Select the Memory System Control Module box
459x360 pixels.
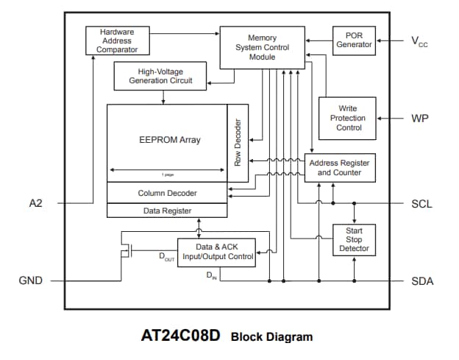pyautogui.click(x=263, y=48)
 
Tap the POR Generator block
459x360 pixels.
pyautogui.click(x=355, y=40)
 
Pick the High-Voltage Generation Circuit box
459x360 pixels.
pyautogui.click(x=160, y=76)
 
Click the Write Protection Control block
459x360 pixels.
pyautogui.click(x=347, y=118)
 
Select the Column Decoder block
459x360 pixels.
pyautogui.click(x=167, y=193)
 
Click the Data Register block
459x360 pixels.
pyautogui.click(x=167, y=210)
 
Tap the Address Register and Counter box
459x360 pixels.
pyautogui.click(x=340, y=168)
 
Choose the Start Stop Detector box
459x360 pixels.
pyautogui.click(x=354, y=239)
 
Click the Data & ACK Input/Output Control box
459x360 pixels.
pyautogui.click(x=216, y=252)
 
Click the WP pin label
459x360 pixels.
pyautogui.click(x=421, y=118)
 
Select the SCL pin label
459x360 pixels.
pyautogui.click(x=422, y=204)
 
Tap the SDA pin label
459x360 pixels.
pyautogui.click(x=422, y=281)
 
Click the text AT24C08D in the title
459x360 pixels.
pyautogui.click(x=180, y=337)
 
